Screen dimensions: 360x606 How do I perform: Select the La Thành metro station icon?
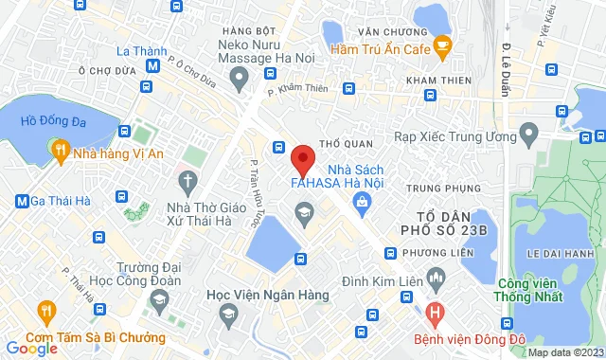151,66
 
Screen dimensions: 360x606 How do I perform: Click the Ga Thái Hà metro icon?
22,201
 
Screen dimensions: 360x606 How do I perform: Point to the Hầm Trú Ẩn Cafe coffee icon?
442,46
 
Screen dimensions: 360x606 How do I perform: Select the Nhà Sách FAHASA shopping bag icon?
362,201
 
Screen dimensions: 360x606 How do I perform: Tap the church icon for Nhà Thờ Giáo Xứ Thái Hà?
187,179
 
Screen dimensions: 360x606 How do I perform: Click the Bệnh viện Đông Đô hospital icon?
435,311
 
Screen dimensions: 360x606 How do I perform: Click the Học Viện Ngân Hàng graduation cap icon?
227,315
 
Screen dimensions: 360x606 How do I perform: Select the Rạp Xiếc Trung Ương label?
447,137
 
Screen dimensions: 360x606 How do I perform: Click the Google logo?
32,349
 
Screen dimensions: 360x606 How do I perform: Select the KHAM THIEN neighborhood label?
437,80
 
